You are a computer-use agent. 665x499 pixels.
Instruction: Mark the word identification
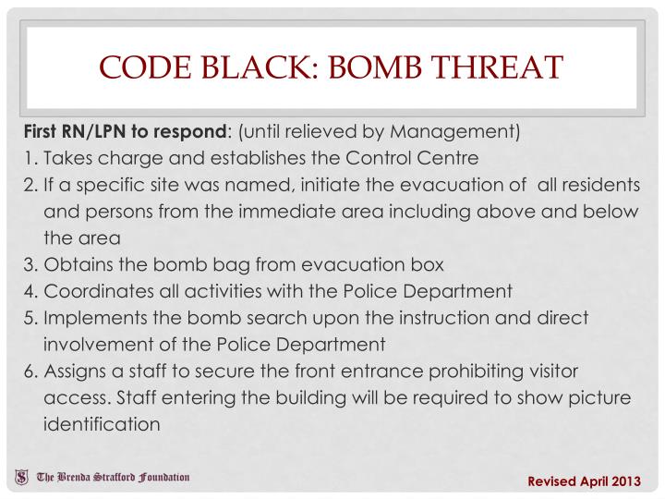click(x=102, y=425)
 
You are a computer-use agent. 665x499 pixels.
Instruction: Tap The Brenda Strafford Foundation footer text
click(x=113, y=478)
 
